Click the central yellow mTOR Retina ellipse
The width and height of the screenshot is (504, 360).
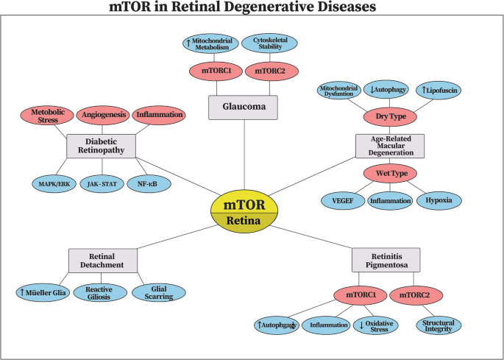click(244, 212)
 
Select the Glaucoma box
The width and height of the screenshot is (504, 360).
click(243, 107)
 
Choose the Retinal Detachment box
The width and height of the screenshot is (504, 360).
click(103, 260)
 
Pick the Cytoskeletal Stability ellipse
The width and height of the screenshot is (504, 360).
click(269, 43)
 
